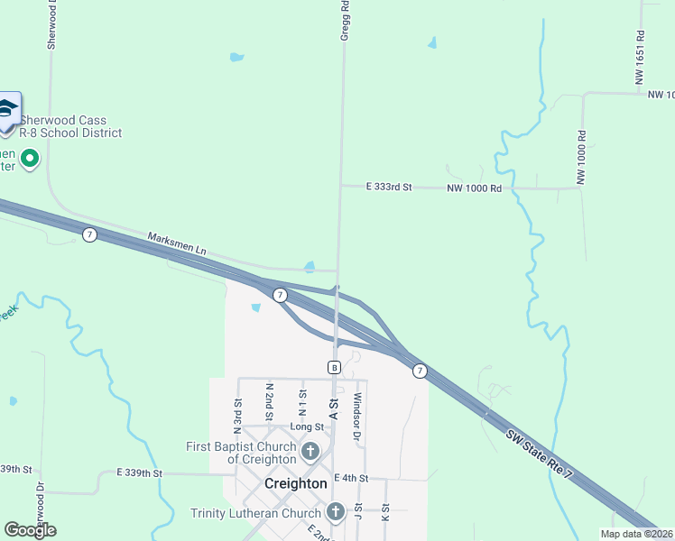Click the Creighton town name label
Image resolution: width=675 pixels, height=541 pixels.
295,483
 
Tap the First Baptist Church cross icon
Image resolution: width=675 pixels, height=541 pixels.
310,451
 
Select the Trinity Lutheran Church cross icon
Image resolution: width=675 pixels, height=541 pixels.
336,513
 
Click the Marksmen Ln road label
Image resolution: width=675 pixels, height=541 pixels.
177,242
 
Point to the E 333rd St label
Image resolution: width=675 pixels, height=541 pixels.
389,188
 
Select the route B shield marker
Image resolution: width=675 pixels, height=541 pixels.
334,367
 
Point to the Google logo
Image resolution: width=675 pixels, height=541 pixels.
30,530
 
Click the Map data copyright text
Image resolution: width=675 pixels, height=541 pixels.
636,534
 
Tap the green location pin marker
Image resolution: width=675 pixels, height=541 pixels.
30,160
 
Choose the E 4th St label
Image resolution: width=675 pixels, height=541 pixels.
352,478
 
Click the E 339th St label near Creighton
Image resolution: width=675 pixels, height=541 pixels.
139,472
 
